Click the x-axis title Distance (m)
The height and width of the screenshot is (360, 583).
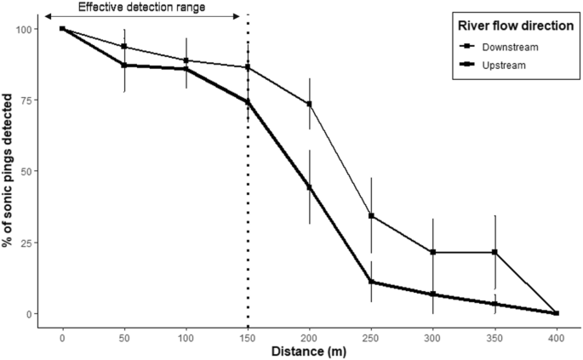pyautogui.click(x=310, y=350)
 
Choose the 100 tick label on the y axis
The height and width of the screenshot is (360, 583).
pyautogui.click(x=25, y=29)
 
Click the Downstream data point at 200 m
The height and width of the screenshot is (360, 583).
pyautogui.click(x=309, y=104)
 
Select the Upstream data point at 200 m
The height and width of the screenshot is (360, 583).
pyautogui.click(x=309, y=187)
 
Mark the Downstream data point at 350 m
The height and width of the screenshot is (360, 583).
pyautogui.click(x=494, y=252)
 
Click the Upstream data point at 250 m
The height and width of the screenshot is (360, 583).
pyautogui.click(x=371, y=282)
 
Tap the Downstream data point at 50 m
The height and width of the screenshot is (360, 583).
pyautogui.click(x=124, y=46)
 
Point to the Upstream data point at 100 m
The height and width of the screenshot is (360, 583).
pyautogui.click(x=186, y=69)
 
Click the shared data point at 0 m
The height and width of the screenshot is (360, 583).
pyautogui.click(x=62, y=28)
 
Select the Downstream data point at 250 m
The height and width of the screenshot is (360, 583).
pyautogui.click(x=371, y=215)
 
